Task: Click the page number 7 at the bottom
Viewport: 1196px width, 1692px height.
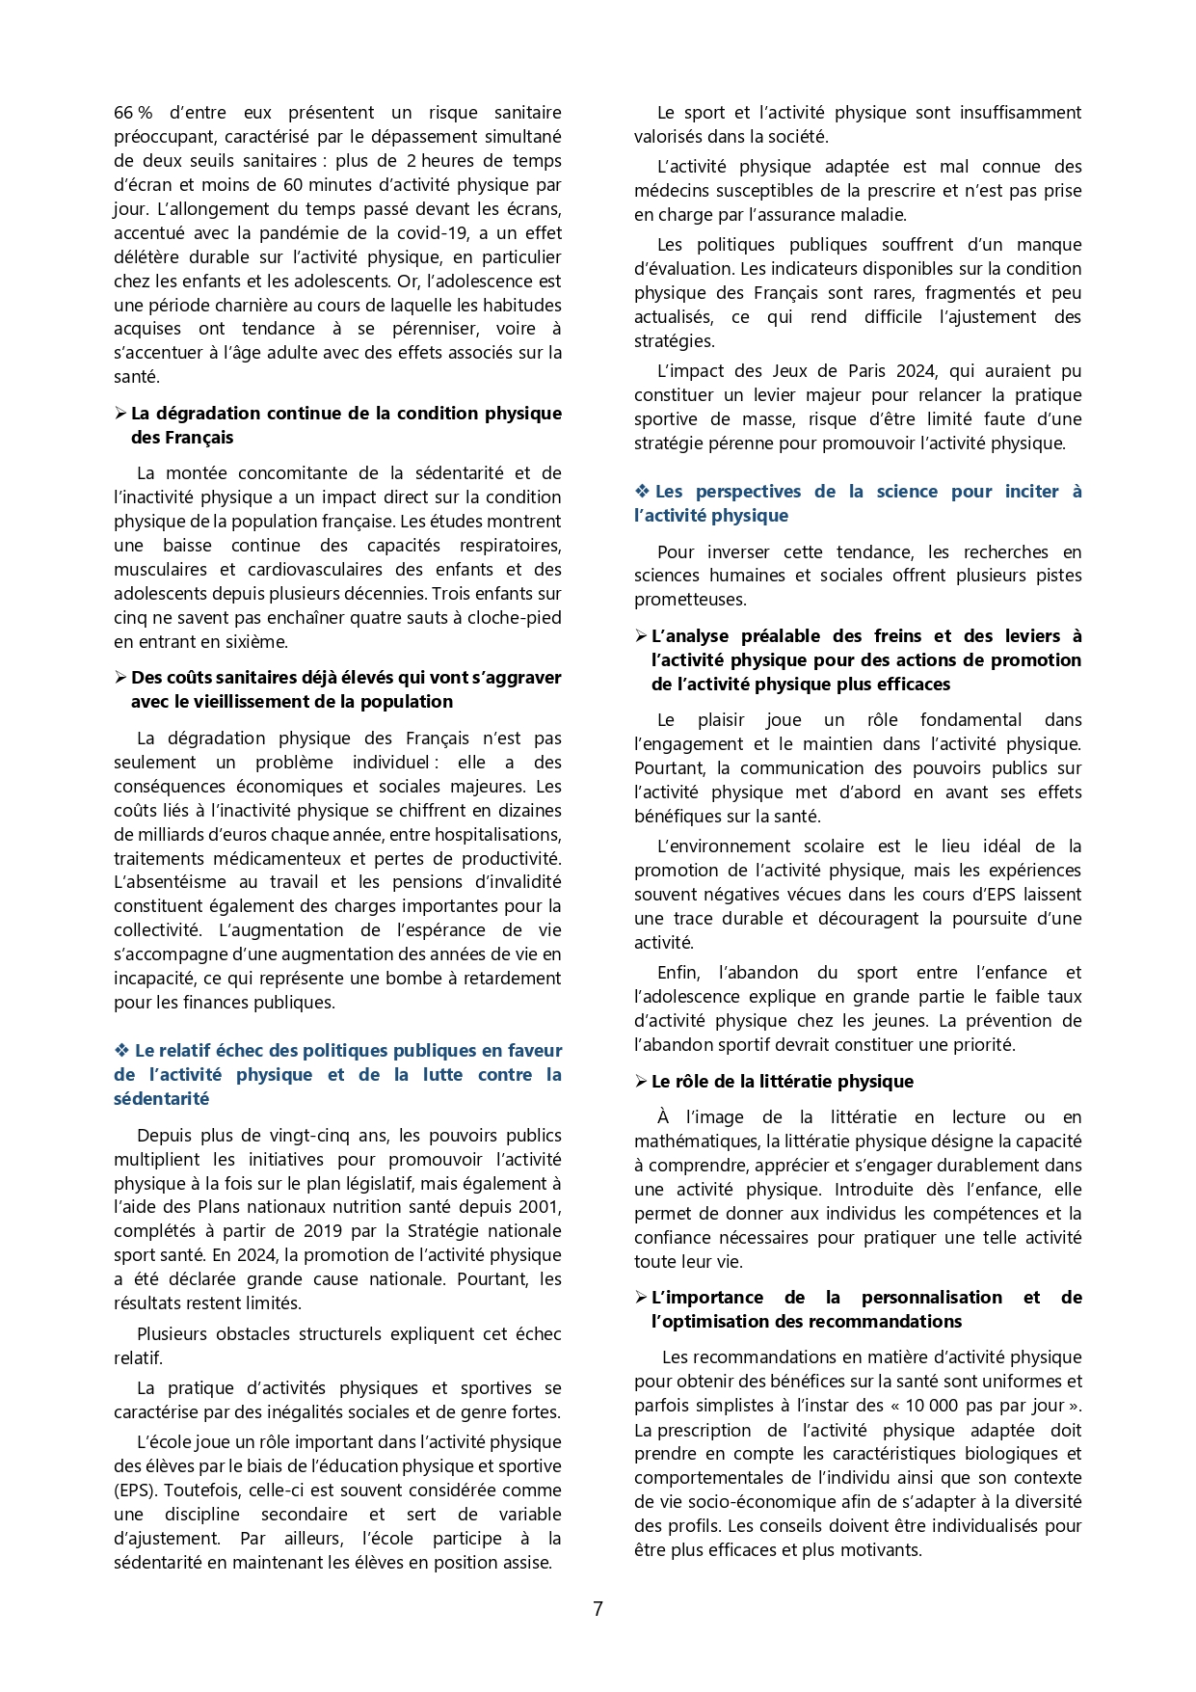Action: pos(598,1609)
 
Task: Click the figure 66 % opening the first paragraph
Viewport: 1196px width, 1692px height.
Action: pos(133,113)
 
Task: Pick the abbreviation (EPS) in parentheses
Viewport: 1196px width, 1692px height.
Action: pos(134,1491)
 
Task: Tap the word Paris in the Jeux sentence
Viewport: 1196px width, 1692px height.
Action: pos(866,371)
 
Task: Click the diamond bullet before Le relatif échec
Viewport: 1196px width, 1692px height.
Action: pos(121,1051)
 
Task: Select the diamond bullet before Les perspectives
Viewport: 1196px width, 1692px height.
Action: pos(642,492)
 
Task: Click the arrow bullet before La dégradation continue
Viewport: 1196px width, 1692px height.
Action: pos(120,414)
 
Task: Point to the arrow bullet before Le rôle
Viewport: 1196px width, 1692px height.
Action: pos(641,1082)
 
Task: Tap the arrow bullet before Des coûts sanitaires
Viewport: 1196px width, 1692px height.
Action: pos(120,678)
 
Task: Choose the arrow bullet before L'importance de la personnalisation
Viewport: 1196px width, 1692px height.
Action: pos(641,1298)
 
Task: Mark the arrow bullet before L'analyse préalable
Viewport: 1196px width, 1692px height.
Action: pos(641,636)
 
